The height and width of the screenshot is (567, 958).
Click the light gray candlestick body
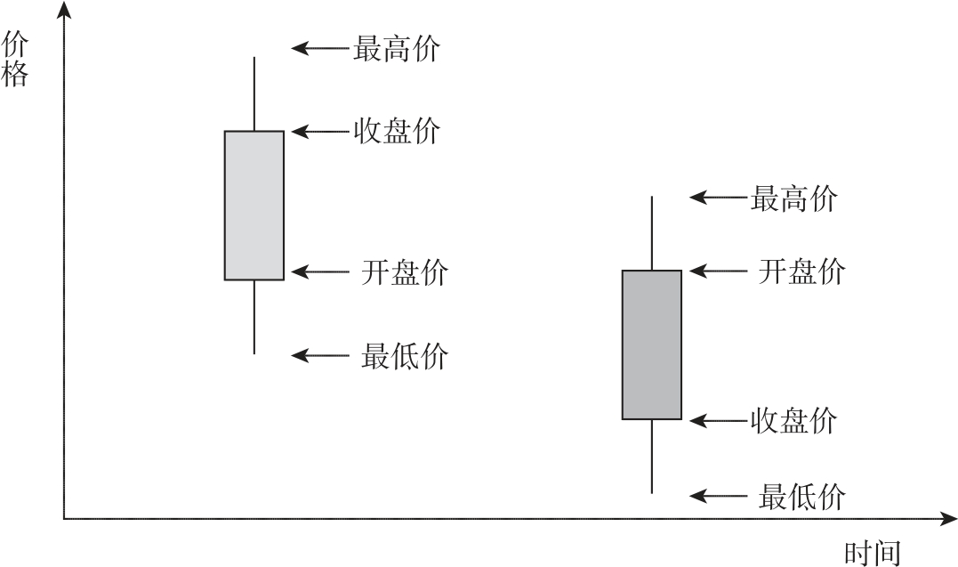(x=254, y=206)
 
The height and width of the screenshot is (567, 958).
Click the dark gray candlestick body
(x=652, y=345)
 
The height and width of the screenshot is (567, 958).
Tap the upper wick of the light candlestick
(x=254, y=93)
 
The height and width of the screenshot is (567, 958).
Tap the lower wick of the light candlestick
(x=254, y=317)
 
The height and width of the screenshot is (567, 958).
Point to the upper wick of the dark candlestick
(x=652, y=233)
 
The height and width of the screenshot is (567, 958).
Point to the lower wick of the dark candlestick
(x=652, y=457)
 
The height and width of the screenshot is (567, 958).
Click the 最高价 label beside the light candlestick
(x=397, y=48)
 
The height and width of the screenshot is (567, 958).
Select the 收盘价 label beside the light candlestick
(x=397, y=131)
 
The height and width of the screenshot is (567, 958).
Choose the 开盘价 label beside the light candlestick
(x=405, y=272)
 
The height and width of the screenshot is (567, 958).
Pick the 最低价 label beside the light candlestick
(x=405, y=355)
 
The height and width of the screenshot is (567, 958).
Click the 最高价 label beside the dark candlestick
(x=793, y=198)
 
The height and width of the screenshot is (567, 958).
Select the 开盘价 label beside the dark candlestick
(x=802, y=271)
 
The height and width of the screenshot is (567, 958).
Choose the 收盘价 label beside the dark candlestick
(x=793, y=421)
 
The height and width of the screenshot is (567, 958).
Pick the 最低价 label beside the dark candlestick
(x=802, y=496)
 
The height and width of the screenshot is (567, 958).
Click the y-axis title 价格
(x=14, y=60)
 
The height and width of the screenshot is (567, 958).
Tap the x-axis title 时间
(x=873, y=553)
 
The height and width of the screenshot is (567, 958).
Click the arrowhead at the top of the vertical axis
(x=64, y=9)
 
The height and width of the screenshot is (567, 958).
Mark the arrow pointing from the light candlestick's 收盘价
(x=319, y=131)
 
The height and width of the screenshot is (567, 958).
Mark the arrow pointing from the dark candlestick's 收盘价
(x=719, y=421)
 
